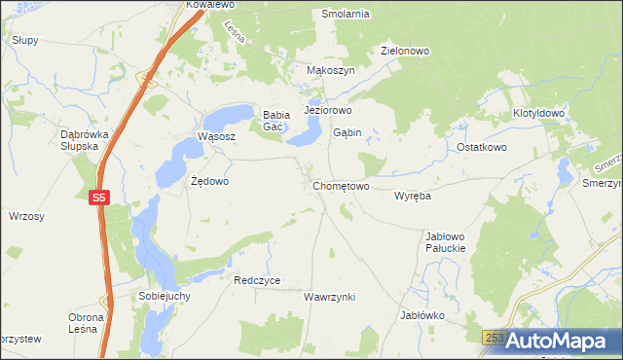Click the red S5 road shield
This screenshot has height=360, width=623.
[98, 198]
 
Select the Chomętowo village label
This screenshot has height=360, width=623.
[341, 186]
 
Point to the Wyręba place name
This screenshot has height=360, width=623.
[412, 196]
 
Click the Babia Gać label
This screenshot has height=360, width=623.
[273, 121]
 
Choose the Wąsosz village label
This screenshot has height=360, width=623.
[216, 137]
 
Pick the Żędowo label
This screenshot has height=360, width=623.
[209, 181]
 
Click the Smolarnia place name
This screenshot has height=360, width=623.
[346, 15]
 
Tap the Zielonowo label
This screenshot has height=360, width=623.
[405, 52]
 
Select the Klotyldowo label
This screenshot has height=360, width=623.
[538, 114]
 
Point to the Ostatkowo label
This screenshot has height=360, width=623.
[482, 147]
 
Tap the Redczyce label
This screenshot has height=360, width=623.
[257, 280]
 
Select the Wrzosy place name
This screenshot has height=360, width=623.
[26, 216]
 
